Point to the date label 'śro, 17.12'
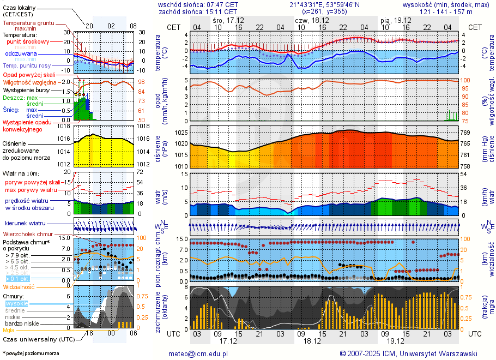[x=228, y=20]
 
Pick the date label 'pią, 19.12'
[x=395, y=20]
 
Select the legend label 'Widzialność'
[x=19, y=286]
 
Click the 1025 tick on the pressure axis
[x=181, y=133]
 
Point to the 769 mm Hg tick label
[x=464, y=133]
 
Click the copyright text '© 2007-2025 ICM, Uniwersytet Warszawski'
[x=408, y=353]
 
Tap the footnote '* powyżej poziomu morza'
[x=31, y=353]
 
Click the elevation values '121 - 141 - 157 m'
[x=446, y=11]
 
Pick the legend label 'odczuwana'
[x=21, y=54]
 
